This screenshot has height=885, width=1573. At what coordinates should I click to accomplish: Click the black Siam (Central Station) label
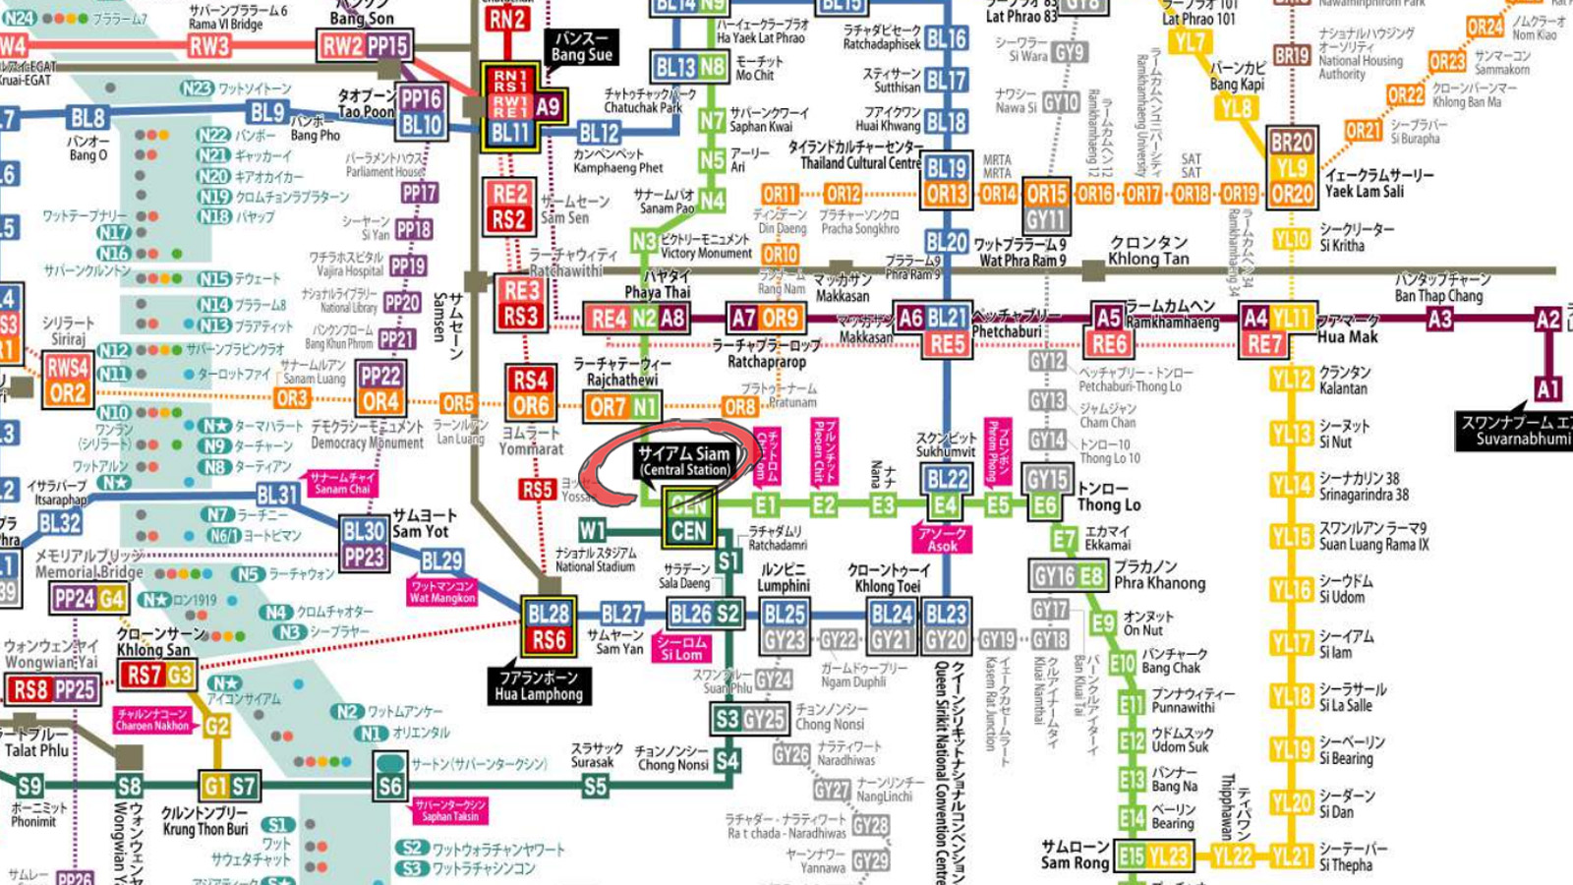click(x=684, y=460)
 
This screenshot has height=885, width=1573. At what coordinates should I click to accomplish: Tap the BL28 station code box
click(x=549, y=615)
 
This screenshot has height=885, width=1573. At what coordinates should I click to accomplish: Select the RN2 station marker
click(x=507, y=18)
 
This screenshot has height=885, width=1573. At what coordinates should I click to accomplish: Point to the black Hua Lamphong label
click(x=539, y=685)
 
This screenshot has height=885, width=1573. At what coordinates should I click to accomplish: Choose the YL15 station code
click(x=1292, y=537)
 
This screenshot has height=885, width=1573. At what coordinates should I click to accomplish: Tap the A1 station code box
click(x=1547, y=388)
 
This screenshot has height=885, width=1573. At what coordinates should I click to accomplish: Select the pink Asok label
click(x=942, y=539)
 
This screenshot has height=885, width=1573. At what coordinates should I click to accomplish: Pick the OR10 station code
click(x=780, y=255)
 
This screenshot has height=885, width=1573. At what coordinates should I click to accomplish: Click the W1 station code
click(x=592, y=531)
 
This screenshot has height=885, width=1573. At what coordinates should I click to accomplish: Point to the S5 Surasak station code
click(x=595, y=786)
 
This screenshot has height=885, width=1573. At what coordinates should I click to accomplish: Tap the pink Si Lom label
click(x=681, y=648)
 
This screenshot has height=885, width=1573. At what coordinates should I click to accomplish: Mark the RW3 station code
click(x=209, y=45)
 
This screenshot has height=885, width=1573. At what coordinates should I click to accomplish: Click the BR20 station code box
click(x=1292, y=143)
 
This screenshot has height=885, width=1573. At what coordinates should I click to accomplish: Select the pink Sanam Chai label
click(x=342, y=482)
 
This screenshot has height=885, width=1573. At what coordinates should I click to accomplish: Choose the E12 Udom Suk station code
click(x=1132, y=741)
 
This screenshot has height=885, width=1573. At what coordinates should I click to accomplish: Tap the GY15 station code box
click(x=1046, y=479)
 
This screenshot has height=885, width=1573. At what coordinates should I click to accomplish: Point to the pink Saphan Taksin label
click(x=450, y=810)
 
